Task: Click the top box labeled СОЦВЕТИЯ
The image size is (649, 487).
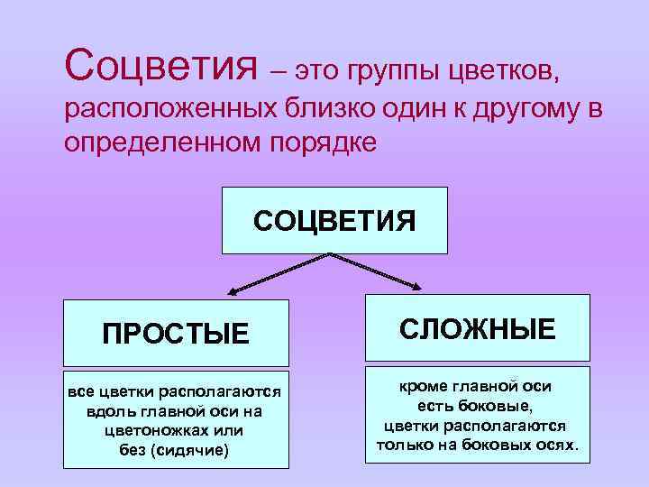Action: [x=334, y=220]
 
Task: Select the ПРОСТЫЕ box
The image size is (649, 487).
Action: [x=176, y=334]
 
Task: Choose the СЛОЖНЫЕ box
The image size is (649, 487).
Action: [x=478, y=329]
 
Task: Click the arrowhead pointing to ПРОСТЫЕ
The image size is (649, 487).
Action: [x=232, y=292]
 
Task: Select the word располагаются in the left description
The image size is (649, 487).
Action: [x=220, y=392]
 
